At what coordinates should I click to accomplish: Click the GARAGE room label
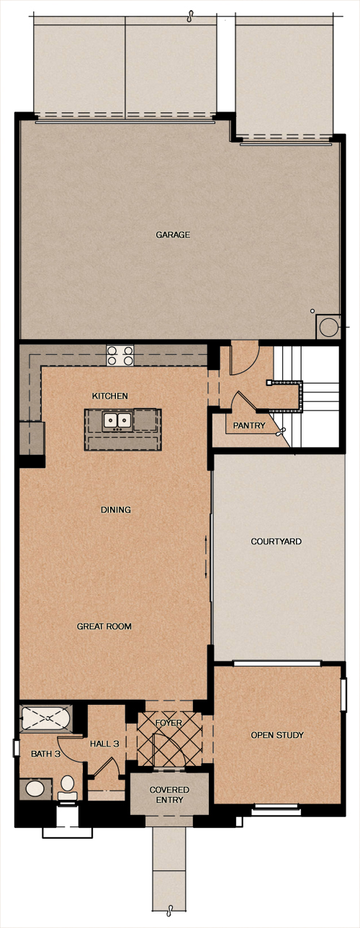pos(173,235)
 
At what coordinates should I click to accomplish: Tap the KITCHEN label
pos(109,396)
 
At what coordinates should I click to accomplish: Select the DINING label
pos(116,510)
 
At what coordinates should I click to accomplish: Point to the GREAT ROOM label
pos(104,626)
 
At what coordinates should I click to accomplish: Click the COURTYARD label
pos(276,541)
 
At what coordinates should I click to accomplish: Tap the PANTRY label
pos(248,425)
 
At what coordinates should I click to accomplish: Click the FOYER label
pos(168,723)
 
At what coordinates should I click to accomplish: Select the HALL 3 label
pos(104,744)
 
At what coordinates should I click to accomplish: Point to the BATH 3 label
pos(45,754)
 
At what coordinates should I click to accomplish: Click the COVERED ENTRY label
pos(169,795)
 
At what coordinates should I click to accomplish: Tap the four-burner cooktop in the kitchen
pos(120,356)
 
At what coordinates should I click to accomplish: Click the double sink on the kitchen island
pos(118,420)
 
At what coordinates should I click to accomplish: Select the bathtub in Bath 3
pos(45,718)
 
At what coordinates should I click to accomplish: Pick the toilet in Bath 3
pos(67,788)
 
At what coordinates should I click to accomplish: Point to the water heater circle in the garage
pos(328,328)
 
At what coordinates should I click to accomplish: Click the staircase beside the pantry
pos(306,397)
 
